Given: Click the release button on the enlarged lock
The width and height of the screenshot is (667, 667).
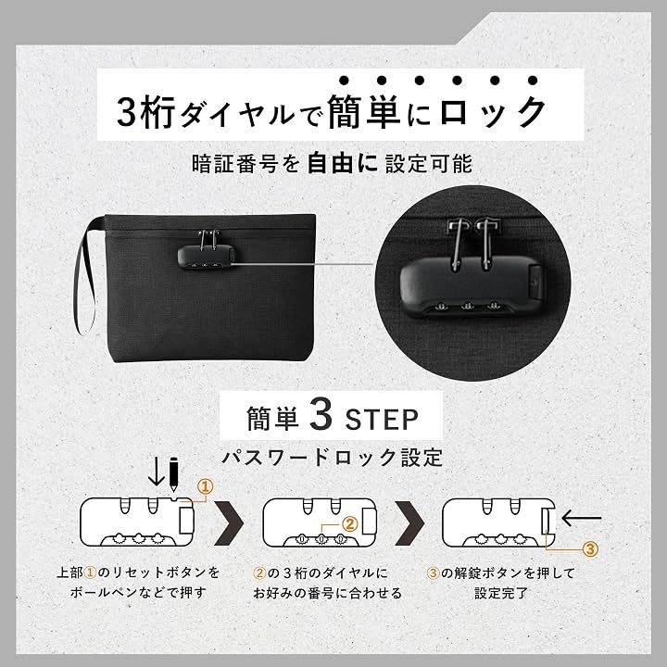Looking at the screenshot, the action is (536, 281).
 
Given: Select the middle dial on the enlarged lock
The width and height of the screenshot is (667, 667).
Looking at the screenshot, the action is (469, 306).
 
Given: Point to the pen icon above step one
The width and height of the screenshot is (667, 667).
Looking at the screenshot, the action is (173, 474).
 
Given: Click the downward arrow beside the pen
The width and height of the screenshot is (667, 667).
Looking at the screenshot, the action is (157, 472).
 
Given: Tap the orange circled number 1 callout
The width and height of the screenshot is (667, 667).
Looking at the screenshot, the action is (206, 486).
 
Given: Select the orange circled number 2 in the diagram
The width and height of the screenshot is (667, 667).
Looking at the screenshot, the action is (349, 524).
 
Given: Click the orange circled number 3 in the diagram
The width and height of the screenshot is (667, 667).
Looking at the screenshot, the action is (590, 549).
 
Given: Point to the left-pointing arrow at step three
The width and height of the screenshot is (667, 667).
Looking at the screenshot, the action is (582, 518).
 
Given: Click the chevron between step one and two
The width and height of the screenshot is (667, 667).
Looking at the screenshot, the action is (229, 523).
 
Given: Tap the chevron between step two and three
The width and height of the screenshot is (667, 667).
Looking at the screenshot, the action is (409, 523).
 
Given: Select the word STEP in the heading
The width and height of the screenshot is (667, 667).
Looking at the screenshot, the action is (382, 420).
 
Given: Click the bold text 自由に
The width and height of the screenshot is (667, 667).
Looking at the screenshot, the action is (342, 163).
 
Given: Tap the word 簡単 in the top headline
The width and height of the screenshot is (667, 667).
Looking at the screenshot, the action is (364, 112).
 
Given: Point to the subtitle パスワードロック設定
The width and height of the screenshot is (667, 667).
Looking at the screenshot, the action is (333, 458).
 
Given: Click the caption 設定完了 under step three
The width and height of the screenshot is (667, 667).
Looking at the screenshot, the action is (501, 593).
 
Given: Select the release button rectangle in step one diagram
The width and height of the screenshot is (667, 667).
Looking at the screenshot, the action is (187, 520).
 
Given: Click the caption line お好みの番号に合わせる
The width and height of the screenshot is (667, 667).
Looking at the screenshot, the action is (328, 593).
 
